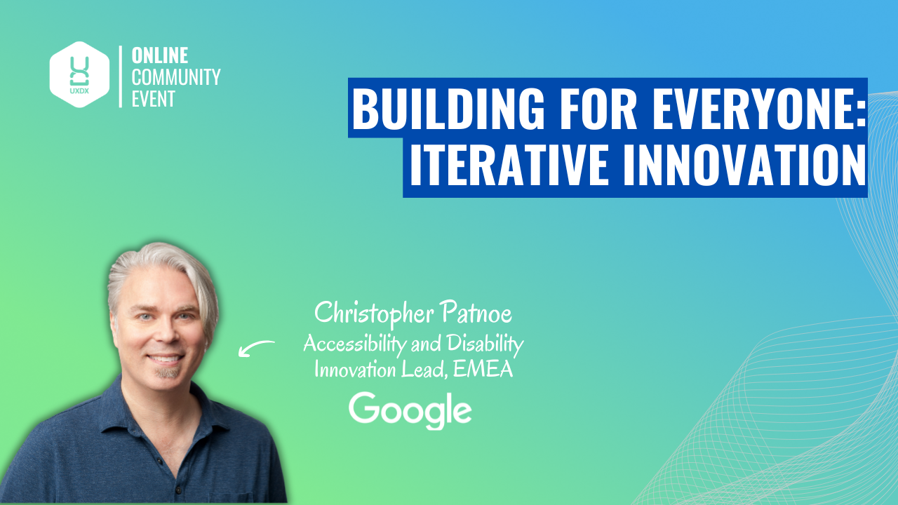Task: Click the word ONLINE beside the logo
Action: point(159,56)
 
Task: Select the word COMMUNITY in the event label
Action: point(176,77)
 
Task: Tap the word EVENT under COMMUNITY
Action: point(153,98)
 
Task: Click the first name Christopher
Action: point(368,314)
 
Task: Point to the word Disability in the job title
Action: point(483,344)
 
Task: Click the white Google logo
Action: point(410,411)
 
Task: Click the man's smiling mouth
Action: point(165,359)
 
